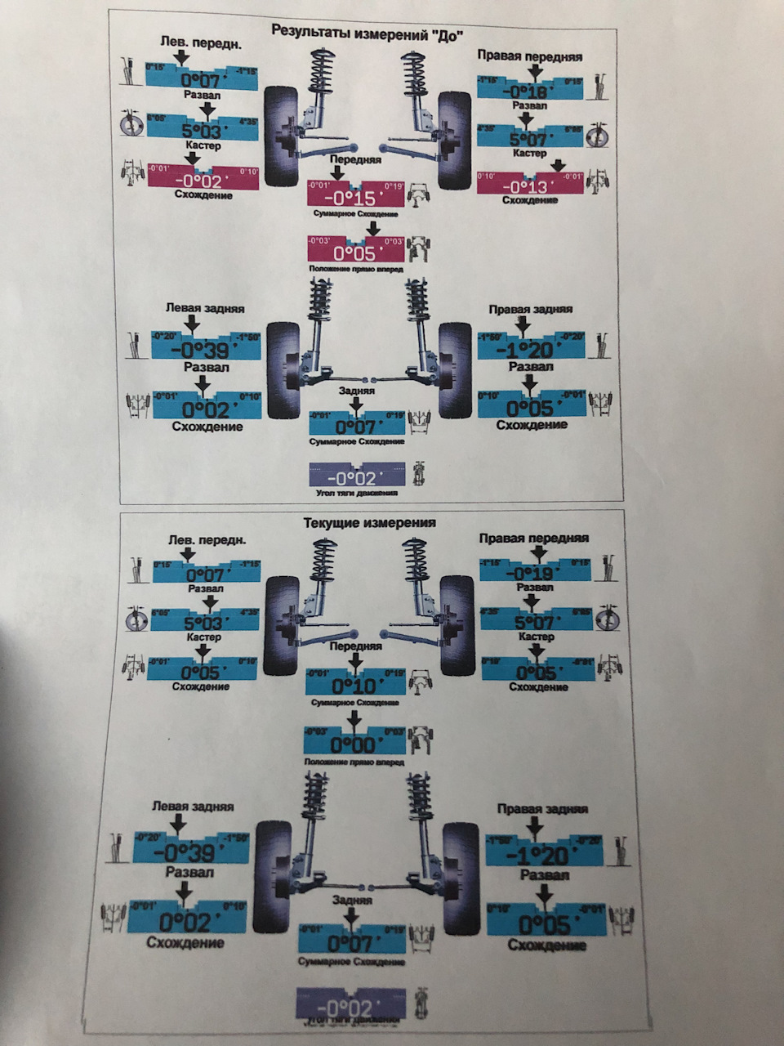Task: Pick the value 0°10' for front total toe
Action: [x=355, y=685]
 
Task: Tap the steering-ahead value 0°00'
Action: [x=354, y=744]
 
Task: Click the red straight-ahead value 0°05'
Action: [x=355, y=253]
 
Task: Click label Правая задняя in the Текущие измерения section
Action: [x=542, y=809]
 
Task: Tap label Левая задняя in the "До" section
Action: [x=205, y=309]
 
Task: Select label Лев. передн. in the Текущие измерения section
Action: [x=207, y=539]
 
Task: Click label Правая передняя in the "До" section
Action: [x=529, y=56]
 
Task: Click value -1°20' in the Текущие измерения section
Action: [x=544, y=856]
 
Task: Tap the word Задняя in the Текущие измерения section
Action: [x=352, y=900]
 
